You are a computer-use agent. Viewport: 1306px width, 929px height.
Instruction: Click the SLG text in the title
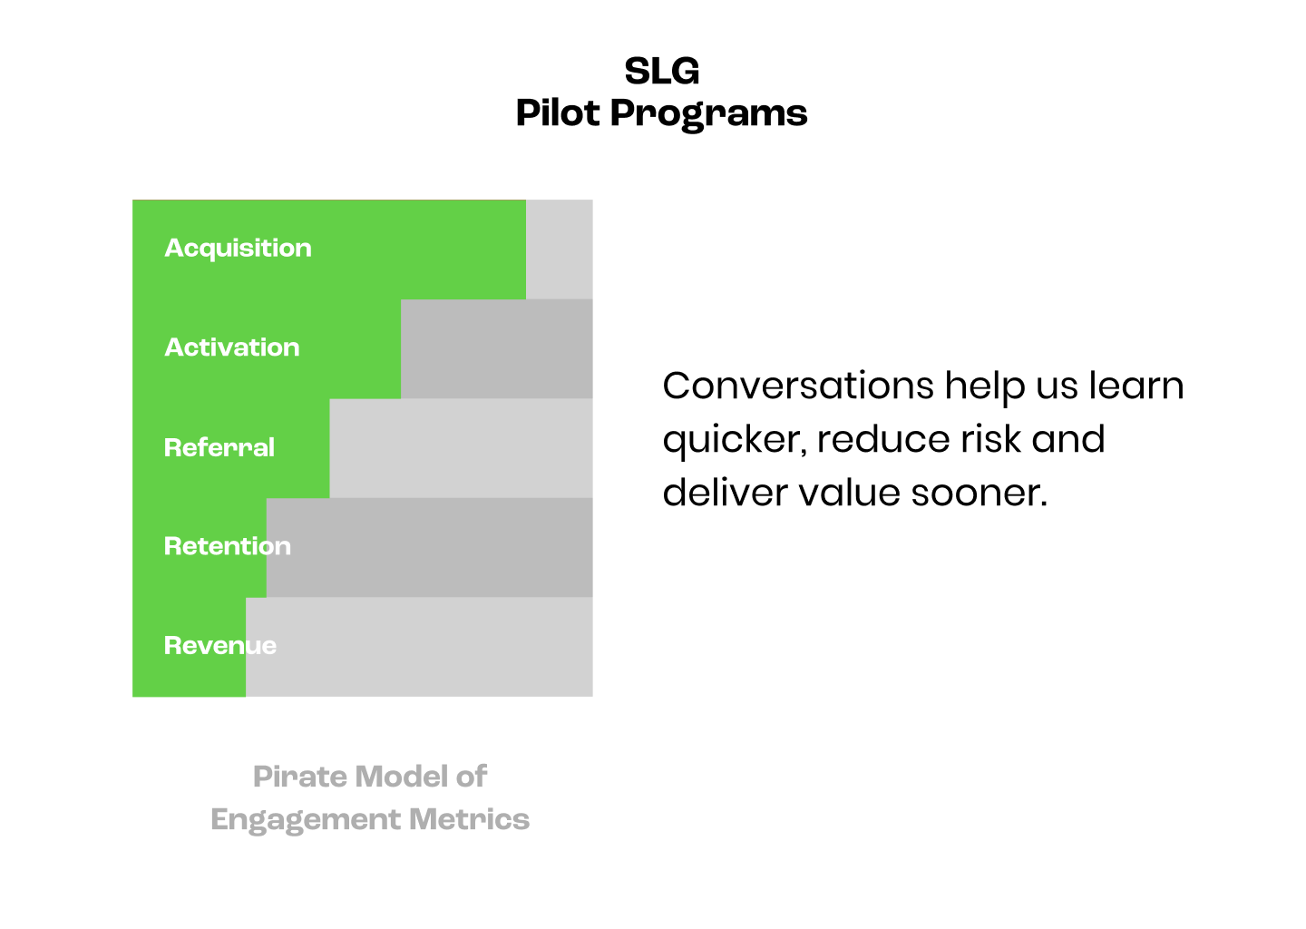661,71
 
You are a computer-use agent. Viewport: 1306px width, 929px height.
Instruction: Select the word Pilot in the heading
557,113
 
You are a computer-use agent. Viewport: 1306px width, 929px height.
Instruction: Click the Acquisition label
238,249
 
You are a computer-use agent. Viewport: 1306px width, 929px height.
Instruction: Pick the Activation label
231,347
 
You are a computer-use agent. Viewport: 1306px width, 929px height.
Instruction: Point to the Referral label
219,447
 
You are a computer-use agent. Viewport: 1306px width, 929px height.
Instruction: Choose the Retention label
227,546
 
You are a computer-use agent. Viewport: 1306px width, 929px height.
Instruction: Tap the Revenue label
219,646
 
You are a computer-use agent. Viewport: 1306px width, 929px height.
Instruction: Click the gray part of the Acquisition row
559,249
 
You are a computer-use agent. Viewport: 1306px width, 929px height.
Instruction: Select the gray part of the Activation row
496,349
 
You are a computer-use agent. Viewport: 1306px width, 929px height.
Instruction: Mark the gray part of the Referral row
461,448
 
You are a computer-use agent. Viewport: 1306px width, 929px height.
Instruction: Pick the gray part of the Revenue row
419,647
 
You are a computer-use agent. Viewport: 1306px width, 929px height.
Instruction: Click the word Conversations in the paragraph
797,386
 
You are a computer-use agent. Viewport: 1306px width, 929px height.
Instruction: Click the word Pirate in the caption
300,777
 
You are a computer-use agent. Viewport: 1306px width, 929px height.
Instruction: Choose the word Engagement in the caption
305,820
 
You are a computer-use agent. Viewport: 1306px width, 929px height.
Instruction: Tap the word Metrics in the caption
469,819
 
